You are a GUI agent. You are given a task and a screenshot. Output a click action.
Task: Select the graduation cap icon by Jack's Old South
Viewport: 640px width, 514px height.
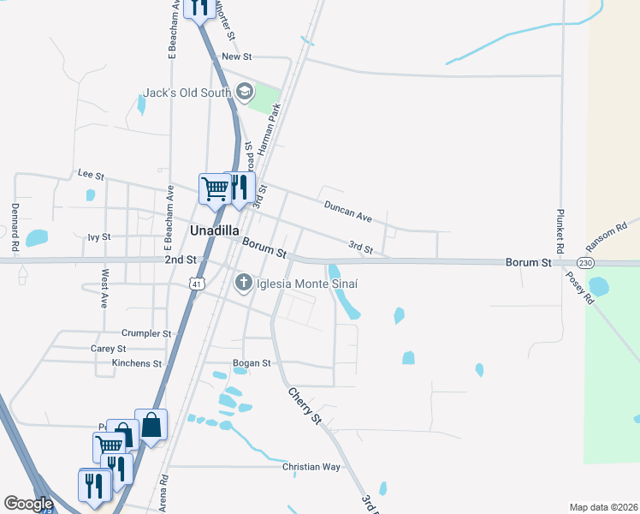tap(245, 92)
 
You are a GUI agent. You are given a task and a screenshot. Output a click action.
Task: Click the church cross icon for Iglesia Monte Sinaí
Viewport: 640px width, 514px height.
tap(244, 282)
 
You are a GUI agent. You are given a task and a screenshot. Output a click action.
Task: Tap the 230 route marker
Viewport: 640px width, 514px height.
tap(585, 262)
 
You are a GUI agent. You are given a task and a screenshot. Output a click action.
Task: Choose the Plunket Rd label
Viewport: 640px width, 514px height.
tap(561, 229)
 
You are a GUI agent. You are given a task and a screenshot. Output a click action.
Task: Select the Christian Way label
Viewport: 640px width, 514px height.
tap(311, 467)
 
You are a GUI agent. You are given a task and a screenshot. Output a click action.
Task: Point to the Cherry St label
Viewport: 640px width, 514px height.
tap(304, 405)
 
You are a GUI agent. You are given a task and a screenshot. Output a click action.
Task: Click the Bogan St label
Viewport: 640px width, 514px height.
tap(252, 363)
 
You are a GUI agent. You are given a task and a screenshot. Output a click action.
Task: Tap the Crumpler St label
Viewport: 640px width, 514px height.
tap(146, 333)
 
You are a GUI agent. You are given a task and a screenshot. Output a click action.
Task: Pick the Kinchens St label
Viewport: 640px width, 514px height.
tap(137, 364)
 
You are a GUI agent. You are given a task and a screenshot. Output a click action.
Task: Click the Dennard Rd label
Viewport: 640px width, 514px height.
tap(15, 221)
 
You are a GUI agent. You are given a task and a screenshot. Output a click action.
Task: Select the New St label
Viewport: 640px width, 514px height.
tap(236, 57)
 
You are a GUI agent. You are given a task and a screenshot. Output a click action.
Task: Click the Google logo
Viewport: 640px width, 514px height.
tap(29, 504)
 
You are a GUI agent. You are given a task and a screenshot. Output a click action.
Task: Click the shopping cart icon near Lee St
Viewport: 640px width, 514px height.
tap(213, 188)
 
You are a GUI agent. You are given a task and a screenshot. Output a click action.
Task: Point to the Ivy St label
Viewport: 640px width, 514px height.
tap(99, 236)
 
